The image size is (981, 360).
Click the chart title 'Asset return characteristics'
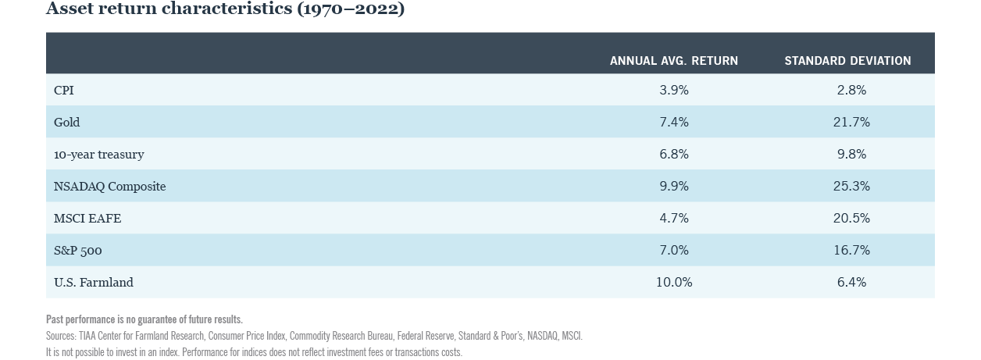click(225, 9)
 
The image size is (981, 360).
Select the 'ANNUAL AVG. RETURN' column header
click(673, 61)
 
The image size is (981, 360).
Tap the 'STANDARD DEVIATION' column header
click(847, 61)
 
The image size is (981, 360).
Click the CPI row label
click(64, 91)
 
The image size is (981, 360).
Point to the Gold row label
click(66, 123)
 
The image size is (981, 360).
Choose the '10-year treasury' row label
click(98, 155)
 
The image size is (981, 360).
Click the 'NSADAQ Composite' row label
click(109, 187)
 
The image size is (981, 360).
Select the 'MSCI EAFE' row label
click(87, 219)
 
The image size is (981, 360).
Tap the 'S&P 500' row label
click(78, 251)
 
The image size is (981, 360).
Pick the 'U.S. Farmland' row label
click(94, 283)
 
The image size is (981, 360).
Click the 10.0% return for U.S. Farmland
click(674, 283)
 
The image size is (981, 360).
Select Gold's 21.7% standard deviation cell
click(851, 123)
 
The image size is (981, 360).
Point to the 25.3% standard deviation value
click(851, 187)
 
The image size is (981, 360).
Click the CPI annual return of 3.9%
click(674, 91)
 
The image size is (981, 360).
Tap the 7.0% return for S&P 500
click(674, 251)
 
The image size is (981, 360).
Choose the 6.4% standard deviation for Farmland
click(851, 283)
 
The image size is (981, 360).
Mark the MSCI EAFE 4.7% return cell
click(674, 219)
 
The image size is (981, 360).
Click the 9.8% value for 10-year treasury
click(851, 155)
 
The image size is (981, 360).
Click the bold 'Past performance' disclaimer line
click(144, 319)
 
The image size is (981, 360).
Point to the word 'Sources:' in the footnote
click(61, 336)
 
